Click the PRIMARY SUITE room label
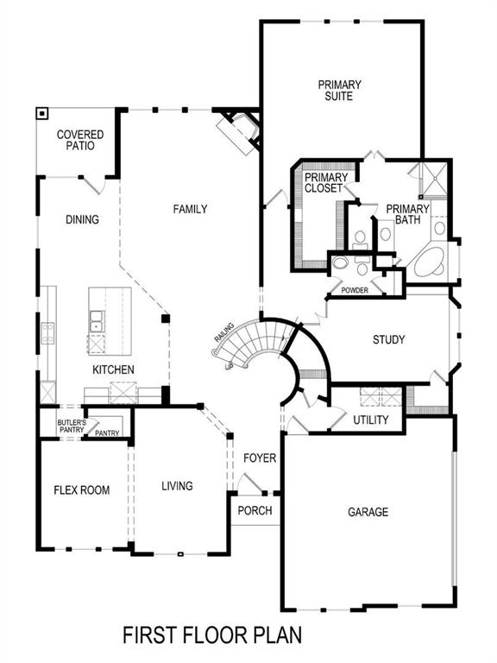click(x=339, y=91)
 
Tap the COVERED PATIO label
click(x=80, y=141)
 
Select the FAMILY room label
click(x=190, y=209)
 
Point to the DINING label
click(x=82, y=219)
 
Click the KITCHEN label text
click(x=114, y=369)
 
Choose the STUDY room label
click(x=388, y=339)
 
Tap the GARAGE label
click(x=368, y=512)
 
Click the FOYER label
click(x=260, y=458)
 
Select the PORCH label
click(x=255, y=510)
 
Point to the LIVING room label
click(x=177, y=486)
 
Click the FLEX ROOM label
click(x=82, y=490)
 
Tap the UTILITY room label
click(x=371, y=420)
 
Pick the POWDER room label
click(x=355, y=290)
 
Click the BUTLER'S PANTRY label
click(x=71, y=426)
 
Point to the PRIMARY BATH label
click(x=407, y=214)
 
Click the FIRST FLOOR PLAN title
click(x=211, y=636)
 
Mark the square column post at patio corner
click(x=41, y=113)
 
